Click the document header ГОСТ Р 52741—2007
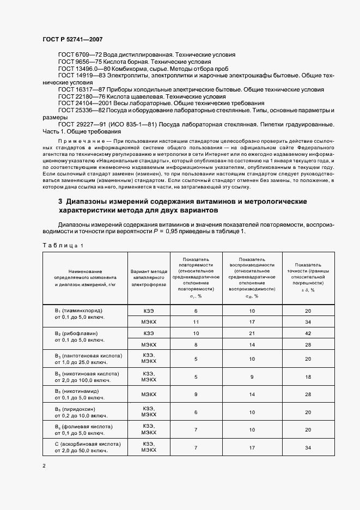point(72,40)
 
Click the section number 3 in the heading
point(60,202)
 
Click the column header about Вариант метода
point(149,278)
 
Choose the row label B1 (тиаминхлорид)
point(78,311)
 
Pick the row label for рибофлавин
point(78,332)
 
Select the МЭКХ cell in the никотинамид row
point(149,394)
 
